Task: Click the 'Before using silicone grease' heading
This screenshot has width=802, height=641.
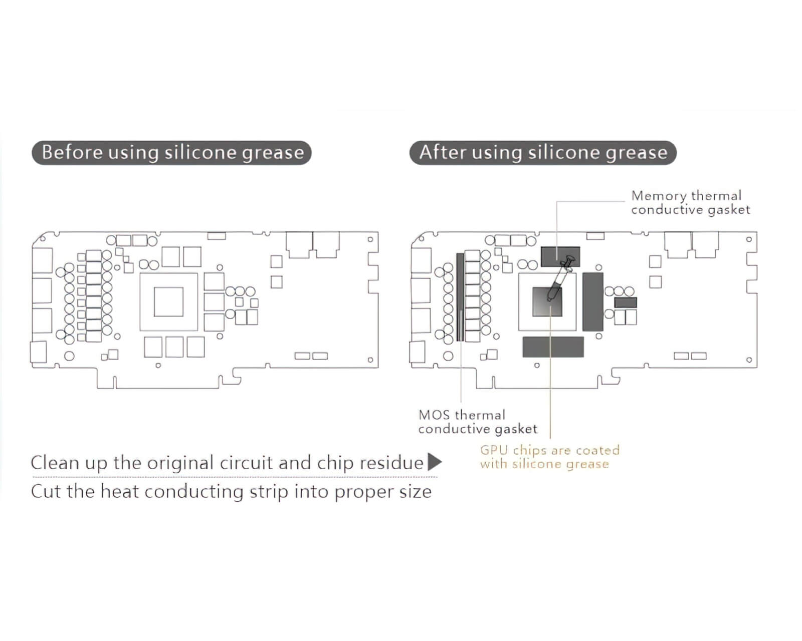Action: pos(172,153)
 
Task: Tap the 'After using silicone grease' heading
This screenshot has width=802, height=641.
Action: pos(543,153)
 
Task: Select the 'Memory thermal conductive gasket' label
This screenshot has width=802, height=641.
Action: pos(690,203)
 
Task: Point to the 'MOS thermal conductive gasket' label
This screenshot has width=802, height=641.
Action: pos(477,422)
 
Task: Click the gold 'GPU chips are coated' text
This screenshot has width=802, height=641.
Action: pos(549,450)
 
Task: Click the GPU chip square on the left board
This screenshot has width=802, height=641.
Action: pos(168,302)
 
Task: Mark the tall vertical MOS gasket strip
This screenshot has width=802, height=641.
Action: pos(460,296)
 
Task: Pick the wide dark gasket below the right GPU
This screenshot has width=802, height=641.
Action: pos(553,347)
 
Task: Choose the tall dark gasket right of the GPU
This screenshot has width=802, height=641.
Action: pos(592,301)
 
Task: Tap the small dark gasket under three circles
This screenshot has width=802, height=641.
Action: pos(625,302)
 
